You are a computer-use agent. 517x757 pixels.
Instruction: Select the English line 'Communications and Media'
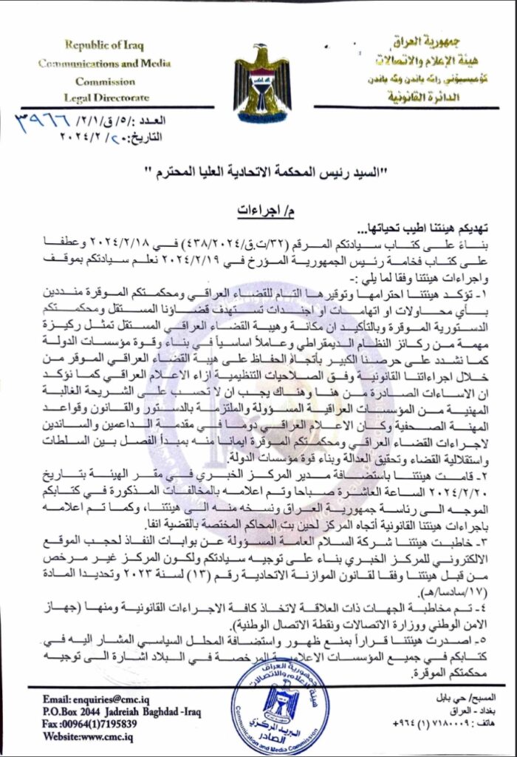pyautogui.click(x=105, y=64)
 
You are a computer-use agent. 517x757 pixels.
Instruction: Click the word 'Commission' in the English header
pyautogui.click(x=104, y=81)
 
